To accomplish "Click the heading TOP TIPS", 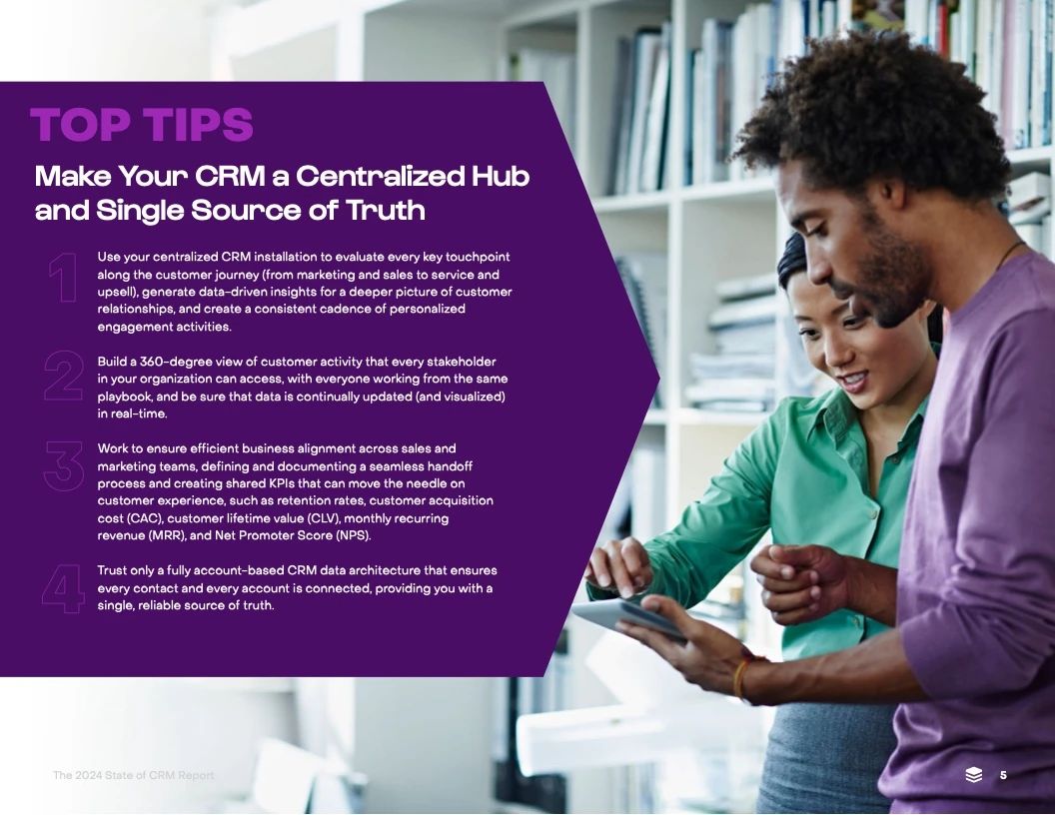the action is [x=142, y=124].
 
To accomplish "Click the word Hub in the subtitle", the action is [x=500, y=176].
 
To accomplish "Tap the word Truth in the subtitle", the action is [x=386, y=210].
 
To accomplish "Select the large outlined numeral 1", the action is [x=63, y=277].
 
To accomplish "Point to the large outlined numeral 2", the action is [x=63, y=376].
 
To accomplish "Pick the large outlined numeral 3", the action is [x=63, y=466].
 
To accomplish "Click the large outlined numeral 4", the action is [x=63, y=588].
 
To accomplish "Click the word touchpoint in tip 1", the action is [x=478, y=257].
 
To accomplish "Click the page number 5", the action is [x=1003, y=775].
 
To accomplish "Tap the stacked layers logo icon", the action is [x=974, y=775].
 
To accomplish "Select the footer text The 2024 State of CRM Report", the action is [x=133, y=775].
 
